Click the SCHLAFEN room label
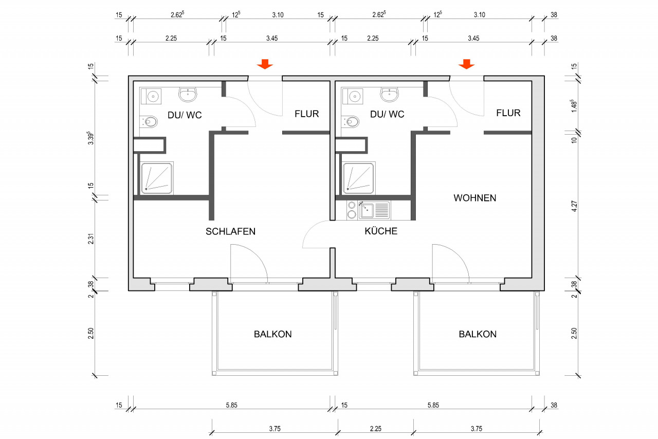tap(230, 231)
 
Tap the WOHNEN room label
tap(474, 198)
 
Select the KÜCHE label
tap(381, 231)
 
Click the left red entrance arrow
tap(265, 64)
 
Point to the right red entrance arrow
tap(466, 64)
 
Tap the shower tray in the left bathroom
tap(157, 178)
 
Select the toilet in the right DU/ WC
tap(353, 122)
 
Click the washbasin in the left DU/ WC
tap(188, 94)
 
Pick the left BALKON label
tap(272, 334)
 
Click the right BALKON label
tap(478, 334)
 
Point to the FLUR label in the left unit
tap(307, 114)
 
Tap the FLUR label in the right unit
tap(508, 113)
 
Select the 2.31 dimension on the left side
tap(90, 239)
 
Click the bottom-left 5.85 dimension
tap(231, 406)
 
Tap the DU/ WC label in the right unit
tap(387, 115)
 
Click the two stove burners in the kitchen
tap(352, 210)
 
